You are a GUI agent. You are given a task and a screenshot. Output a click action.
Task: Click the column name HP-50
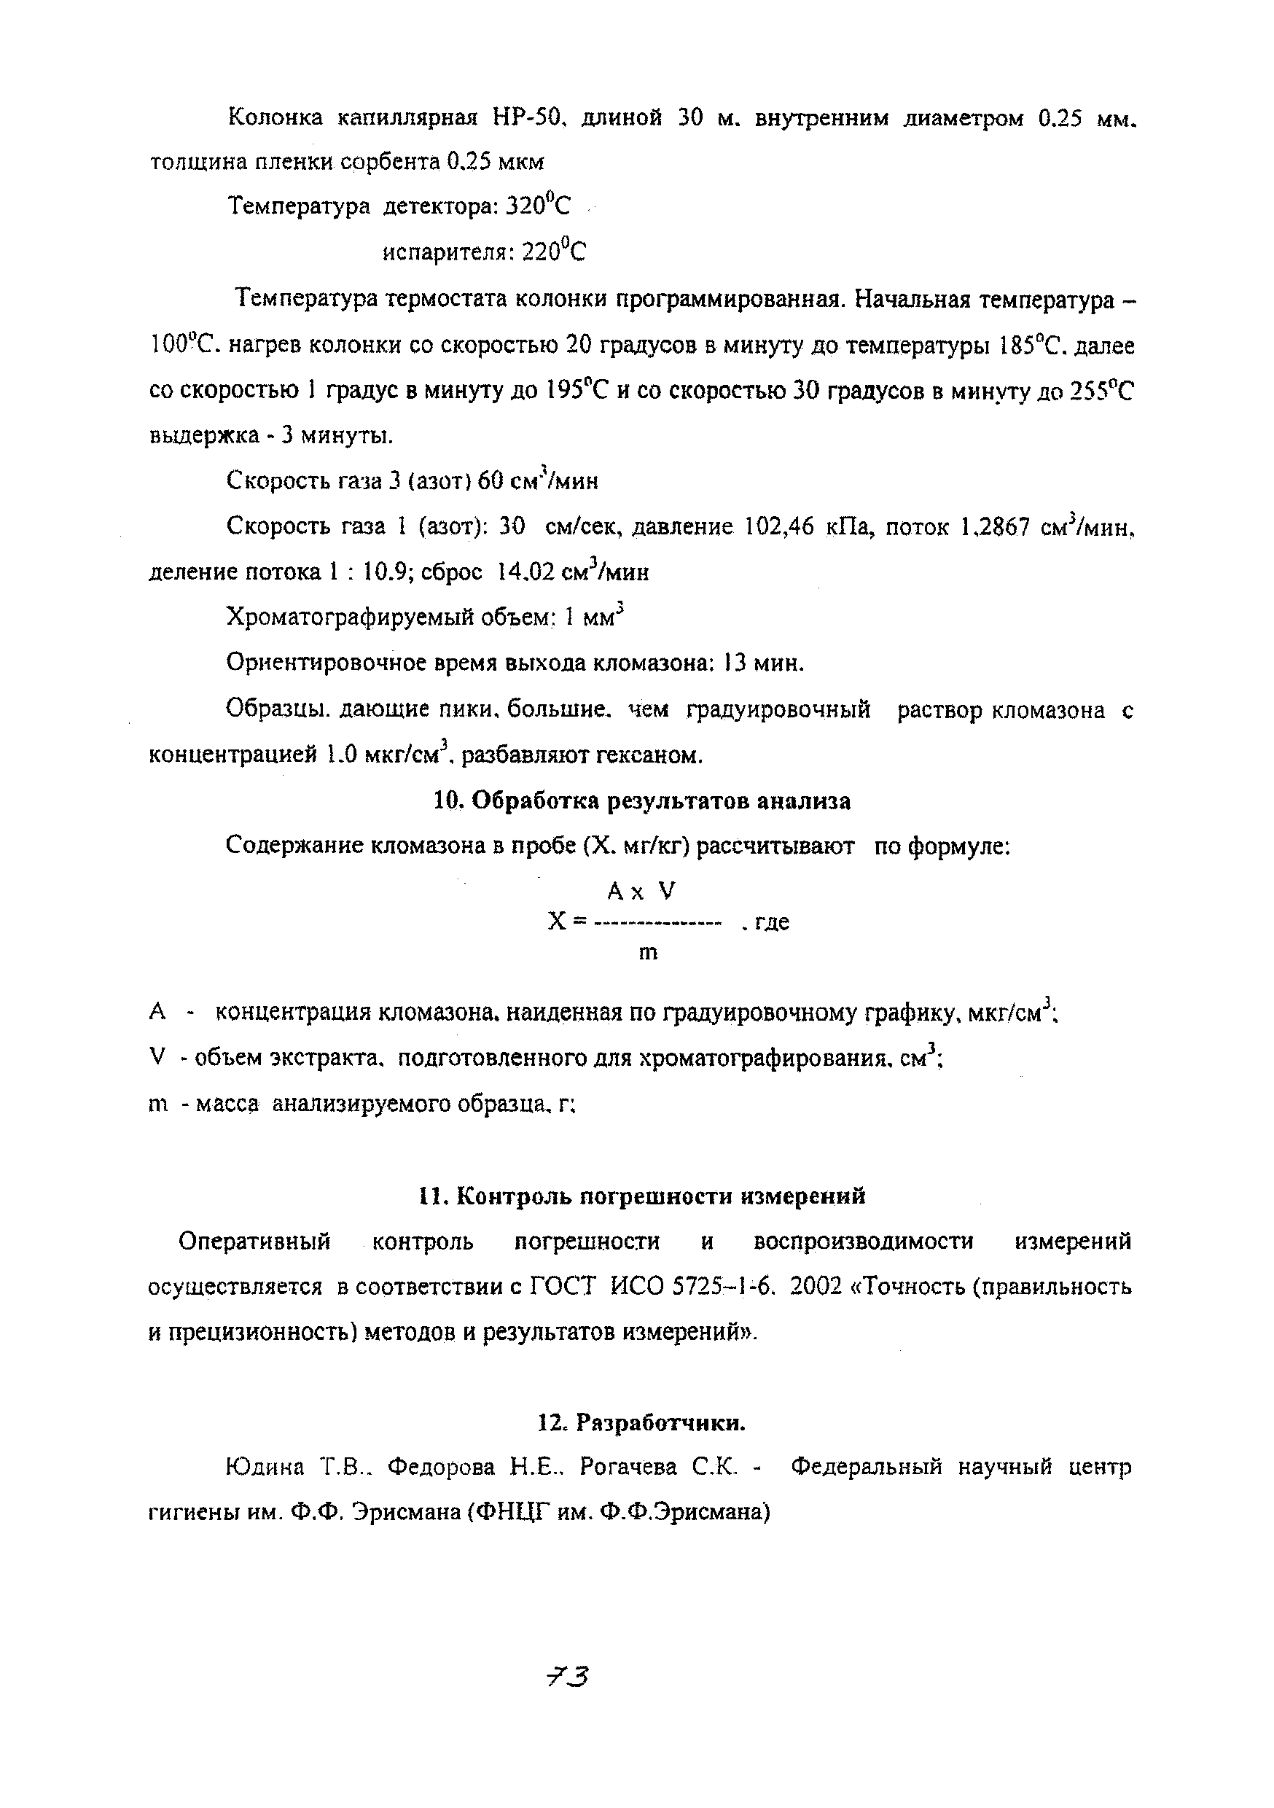pos(525,118)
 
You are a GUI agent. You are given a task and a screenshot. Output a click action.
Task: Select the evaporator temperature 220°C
pos(555,252)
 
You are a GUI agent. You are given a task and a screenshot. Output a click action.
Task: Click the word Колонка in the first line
pos(275,118)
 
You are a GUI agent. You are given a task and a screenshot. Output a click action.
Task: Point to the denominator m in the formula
pos(647,954)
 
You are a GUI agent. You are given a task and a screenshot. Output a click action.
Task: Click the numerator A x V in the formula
pos(641,892)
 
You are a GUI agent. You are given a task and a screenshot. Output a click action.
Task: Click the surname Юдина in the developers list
pos(265,1467)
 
